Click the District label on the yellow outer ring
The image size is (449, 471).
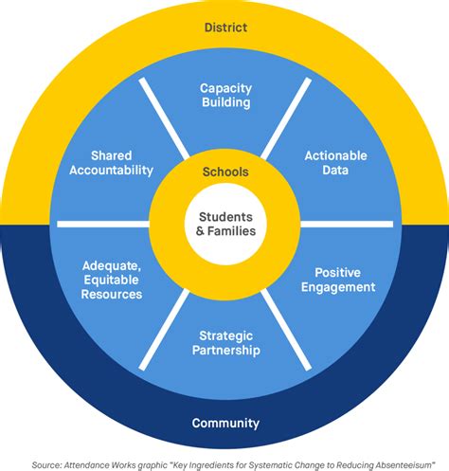pyautogui.click(x=225, y=27)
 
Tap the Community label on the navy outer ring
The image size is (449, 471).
pyautogui.click(x=225, y=423)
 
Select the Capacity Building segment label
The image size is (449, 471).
pyautogui.click(x=225, y=95)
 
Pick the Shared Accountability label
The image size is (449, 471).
pyautogui.click(x=121, y=162)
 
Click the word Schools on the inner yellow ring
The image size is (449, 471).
pyautogui.click(x=225, y=172)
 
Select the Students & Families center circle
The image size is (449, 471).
pyautogui.click(x=225, y=223)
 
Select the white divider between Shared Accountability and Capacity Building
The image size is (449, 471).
pyautogui.click(x=164, y=118)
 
